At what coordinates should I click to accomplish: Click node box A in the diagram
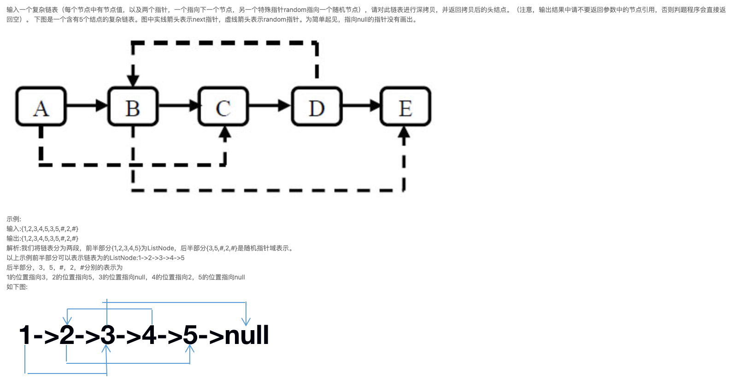click(x=41, y=107)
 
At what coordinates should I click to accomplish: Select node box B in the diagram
click(x=133, y=107)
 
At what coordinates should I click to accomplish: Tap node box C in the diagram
click(x=223, y=107)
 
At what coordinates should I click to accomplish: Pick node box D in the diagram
click(x=316, y=107)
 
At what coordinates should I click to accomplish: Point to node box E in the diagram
click(x=405, y=107)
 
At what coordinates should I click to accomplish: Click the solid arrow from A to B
click(x=87, y=106)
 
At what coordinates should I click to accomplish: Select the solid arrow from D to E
click(x=362, y=106)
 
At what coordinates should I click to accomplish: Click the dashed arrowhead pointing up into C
click(x=225, y=134)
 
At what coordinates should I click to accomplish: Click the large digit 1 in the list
click(x=25, y=335)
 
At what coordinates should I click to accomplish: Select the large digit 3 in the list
click(x=107, y=335)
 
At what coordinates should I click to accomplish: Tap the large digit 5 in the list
click(x=190, y=335)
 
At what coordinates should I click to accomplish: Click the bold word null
click(x=246, y=335)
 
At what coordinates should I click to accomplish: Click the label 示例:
click(x=14, y=219)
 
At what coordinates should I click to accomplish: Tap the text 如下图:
click(x=17, y=287)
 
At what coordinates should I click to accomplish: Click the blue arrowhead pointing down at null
click(x=246, y=321)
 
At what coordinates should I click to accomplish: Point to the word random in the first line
click(x=295, y=10)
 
